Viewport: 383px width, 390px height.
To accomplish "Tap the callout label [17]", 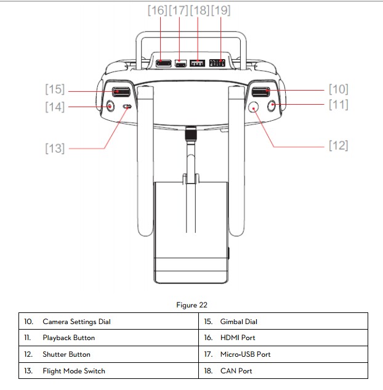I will (179, 10).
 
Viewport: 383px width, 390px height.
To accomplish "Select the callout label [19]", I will (220, 10).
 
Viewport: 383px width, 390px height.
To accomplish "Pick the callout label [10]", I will (338, 90).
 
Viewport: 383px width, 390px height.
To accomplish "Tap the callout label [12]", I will (338, 145).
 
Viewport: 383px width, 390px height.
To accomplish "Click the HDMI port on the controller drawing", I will (163, 63).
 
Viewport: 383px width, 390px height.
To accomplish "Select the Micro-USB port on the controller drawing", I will (180, 63).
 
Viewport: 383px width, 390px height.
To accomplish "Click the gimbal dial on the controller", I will (121, 93).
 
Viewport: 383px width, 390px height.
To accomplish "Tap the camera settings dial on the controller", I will (260, 93).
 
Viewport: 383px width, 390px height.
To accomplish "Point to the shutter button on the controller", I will (254, 107).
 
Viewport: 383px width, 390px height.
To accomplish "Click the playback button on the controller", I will (273, 106).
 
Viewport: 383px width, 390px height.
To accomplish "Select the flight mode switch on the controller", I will (127, 107).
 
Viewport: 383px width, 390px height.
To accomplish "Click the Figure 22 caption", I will (191, 306).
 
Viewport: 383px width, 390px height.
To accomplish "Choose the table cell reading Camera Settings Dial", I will (76, 322).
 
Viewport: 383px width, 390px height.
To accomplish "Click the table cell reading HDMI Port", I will (238, 338).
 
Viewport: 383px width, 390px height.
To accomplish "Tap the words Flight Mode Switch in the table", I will (73, 371).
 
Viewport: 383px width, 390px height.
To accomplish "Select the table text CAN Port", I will (236, 371).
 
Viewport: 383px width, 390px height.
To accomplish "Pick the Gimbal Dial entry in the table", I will (238, 322).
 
